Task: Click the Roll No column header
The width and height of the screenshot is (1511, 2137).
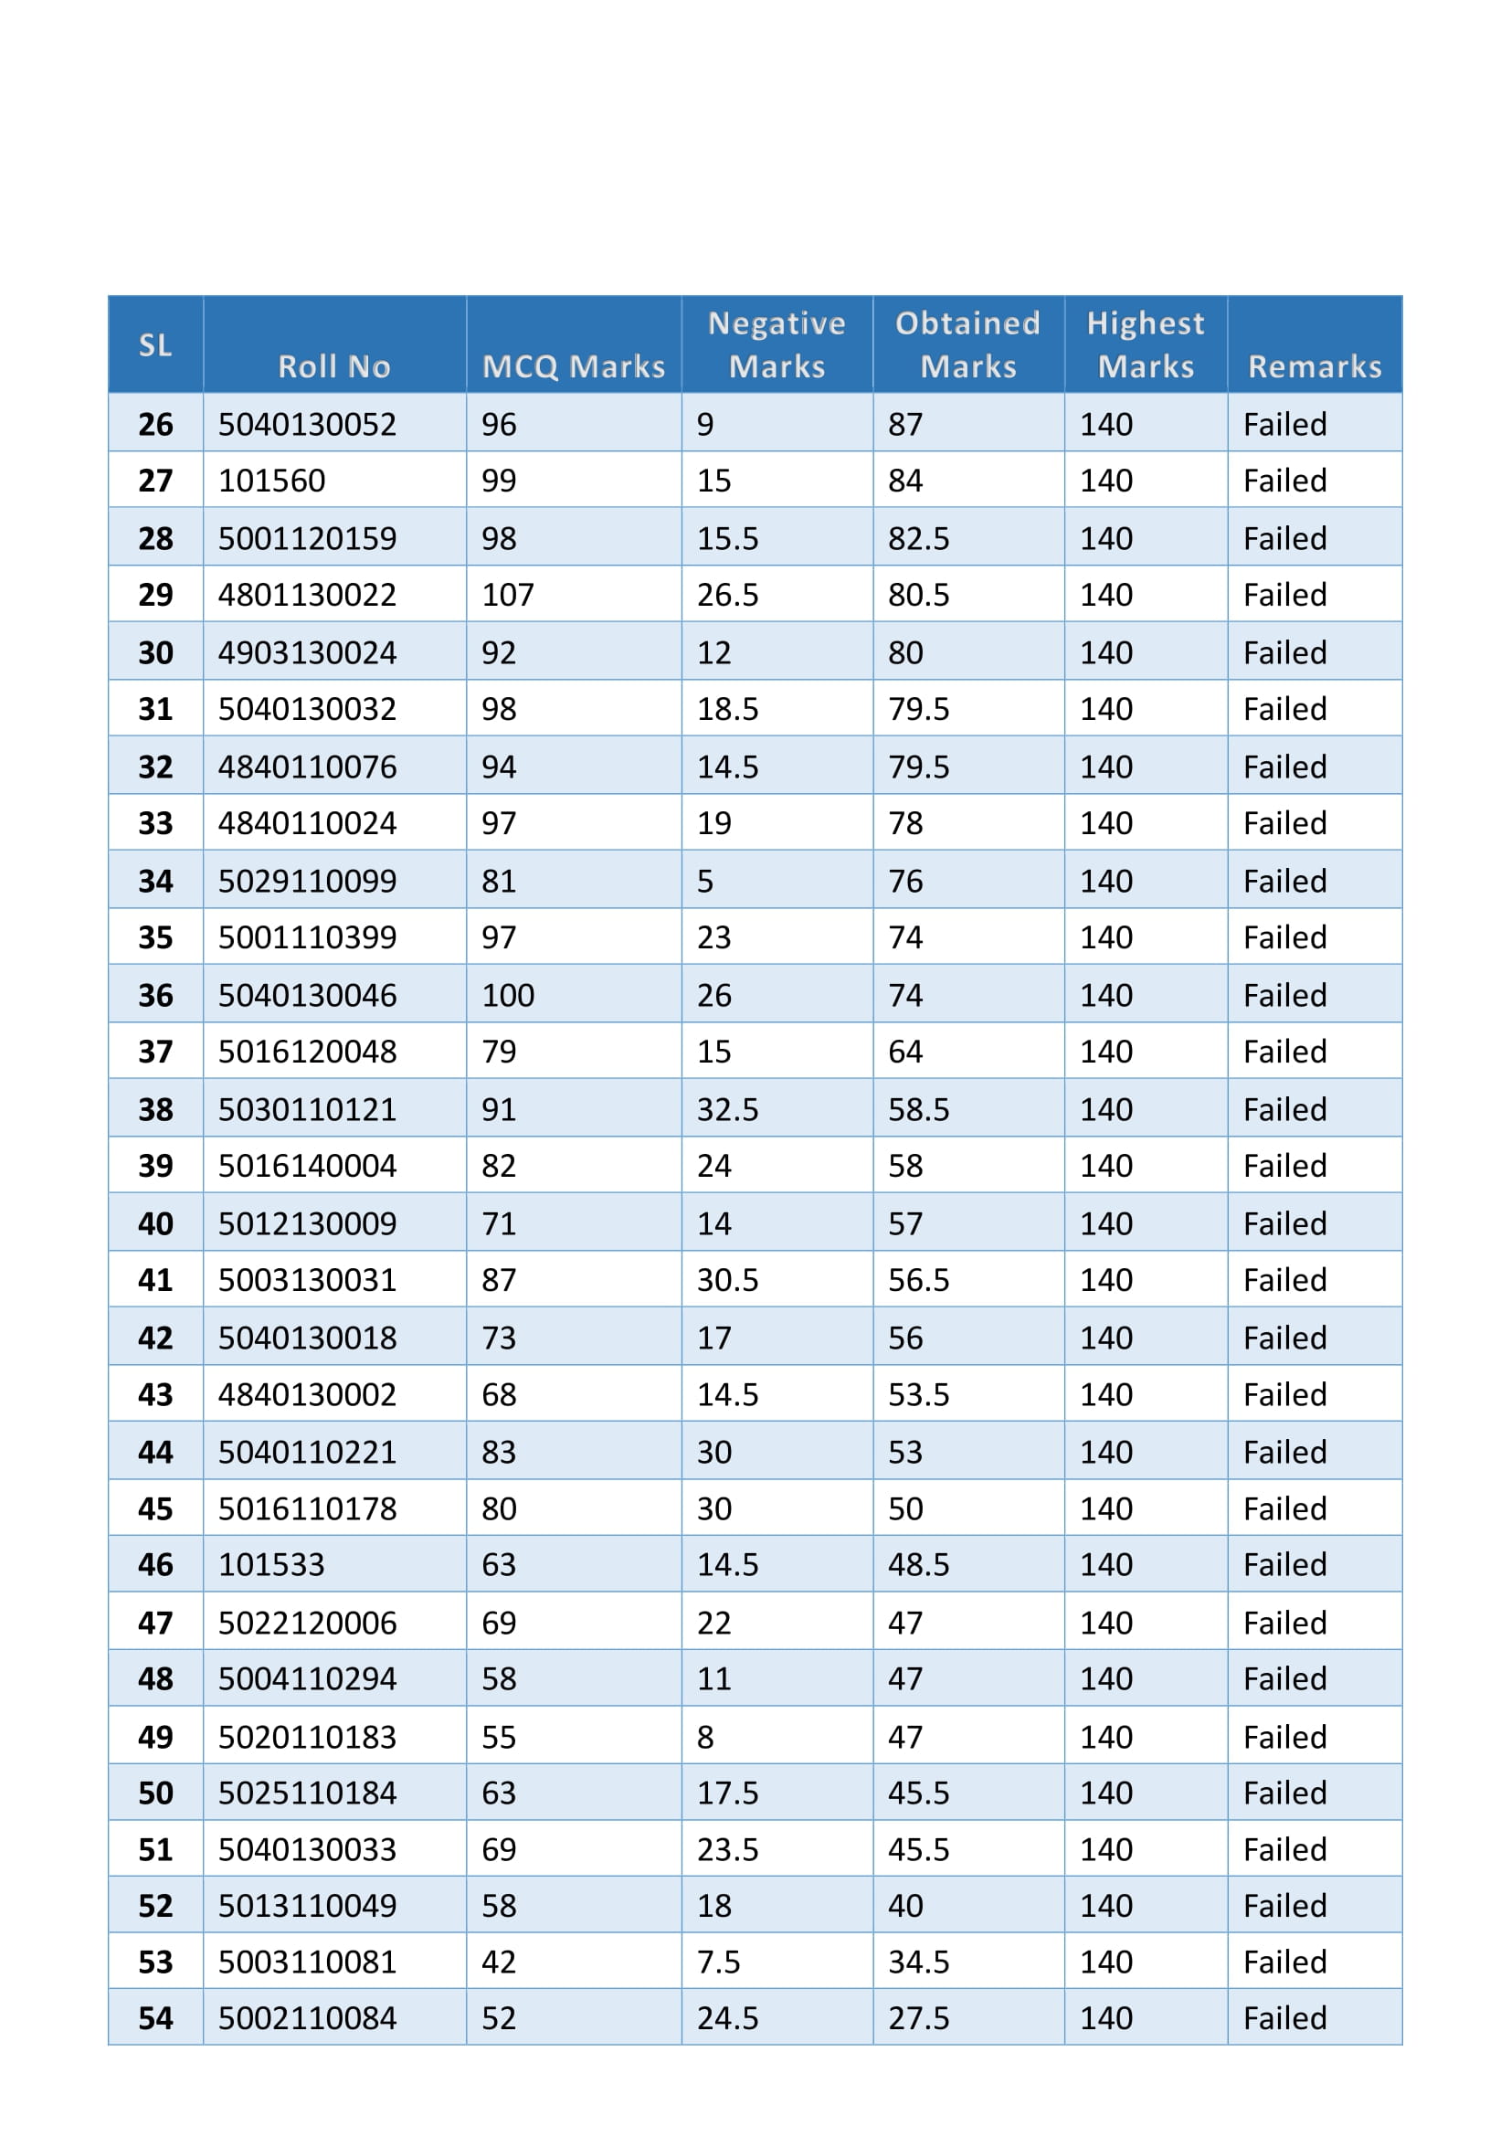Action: point(334,365)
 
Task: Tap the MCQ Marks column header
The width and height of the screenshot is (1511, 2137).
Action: point(573,365)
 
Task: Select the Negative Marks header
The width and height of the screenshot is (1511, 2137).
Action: point(777,344)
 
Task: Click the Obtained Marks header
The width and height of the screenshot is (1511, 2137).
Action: point(967,344)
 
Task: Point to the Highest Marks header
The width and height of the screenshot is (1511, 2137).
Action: point(1146,344)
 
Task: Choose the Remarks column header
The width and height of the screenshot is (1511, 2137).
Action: point(1314,365)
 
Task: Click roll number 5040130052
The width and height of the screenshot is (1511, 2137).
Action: point(307,425)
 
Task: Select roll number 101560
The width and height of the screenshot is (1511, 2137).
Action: point(271,481)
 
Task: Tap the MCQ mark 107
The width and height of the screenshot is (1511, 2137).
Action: point(508,595)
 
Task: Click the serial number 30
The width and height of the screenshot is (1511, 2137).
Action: point(155,652)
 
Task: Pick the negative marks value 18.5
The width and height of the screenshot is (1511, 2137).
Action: point(727,709)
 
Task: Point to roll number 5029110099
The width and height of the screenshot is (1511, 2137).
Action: point(307,881)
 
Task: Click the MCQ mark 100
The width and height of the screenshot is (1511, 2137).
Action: point(508,995)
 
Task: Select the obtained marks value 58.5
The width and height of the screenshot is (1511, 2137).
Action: point(918,1109)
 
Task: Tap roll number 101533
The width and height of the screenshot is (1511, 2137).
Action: point(271,1564)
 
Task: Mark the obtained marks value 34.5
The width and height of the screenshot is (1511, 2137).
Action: point(918,1962)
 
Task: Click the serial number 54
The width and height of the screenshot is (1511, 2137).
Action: point(155,2018)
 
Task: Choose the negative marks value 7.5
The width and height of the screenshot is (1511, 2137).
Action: point(718,1962)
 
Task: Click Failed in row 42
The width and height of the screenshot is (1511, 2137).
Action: point(1285,1338)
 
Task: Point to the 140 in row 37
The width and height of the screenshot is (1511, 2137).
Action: point(1105,1052)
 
